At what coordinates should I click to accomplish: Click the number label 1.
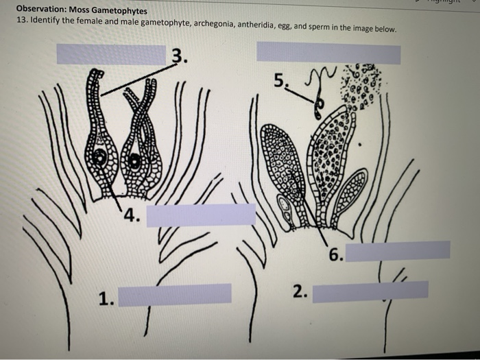point(105,298)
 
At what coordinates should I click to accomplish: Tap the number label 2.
point(300,291)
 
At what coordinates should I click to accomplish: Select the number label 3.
point(178,55)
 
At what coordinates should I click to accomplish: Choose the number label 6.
point(335,256)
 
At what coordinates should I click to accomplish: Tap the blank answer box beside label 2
point(370,291)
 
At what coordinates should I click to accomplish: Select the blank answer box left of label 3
point(111,54)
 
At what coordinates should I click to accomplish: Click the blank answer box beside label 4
point(200,215)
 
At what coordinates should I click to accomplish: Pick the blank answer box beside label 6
point(398,250)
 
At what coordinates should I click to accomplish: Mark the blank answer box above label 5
point(328,52)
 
